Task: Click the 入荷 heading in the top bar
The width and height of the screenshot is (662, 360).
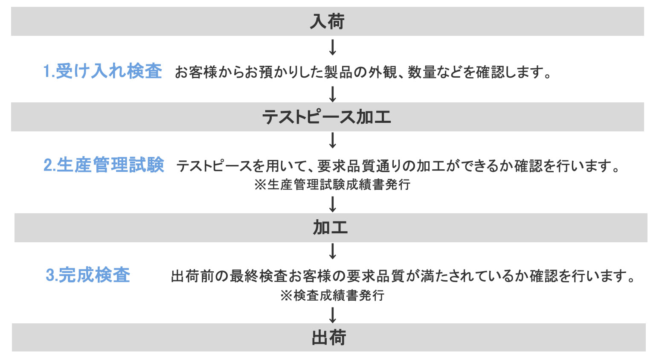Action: (x=327, y=22)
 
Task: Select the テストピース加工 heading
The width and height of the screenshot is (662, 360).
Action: (x=327, y=117)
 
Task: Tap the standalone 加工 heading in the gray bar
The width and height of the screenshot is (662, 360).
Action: (x=330, y=228)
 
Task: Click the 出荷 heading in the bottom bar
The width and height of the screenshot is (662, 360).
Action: (x=328, y=337)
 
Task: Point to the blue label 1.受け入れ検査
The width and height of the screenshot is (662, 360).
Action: (x=102, y=71)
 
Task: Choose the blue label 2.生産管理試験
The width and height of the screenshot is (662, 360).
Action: (x=104, y=165)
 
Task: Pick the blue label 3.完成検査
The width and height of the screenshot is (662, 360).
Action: (x=88, y=275)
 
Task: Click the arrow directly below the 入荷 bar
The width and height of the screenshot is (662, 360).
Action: (x=333, y=47)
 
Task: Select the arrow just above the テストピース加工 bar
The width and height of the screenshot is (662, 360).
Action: (x=333, y=94)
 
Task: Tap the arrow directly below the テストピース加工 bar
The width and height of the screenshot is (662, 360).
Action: (x=333, y=140)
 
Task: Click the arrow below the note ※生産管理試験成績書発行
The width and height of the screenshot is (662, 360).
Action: (x=333, y=204)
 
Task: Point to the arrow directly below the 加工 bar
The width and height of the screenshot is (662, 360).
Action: (x=333, y=251)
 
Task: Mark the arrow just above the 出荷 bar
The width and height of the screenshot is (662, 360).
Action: (x=333, y=315)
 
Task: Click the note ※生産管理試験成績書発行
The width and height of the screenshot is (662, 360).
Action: (x=332, y=185)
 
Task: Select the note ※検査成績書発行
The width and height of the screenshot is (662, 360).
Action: (x=332, y=295)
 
